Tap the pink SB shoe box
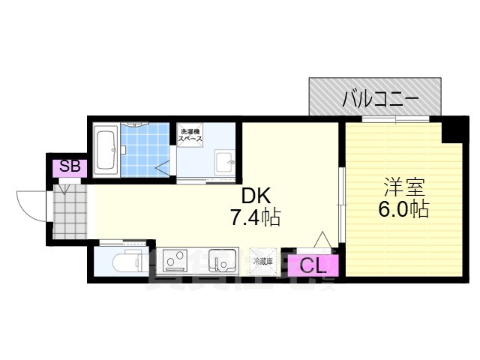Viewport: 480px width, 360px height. (69, 167)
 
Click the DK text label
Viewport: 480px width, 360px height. (256, 196)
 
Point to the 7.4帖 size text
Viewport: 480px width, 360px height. (256, 218)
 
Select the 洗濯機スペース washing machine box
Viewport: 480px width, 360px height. (190, 137)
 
